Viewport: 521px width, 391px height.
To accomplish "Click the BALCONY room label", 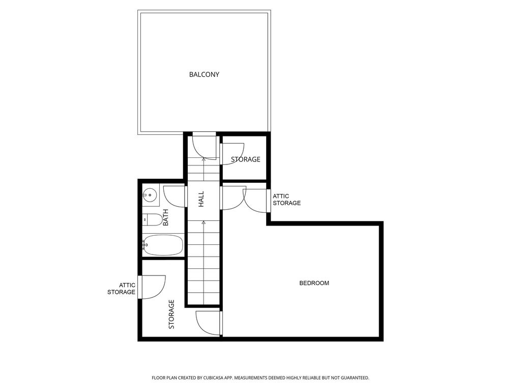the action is point(204,74).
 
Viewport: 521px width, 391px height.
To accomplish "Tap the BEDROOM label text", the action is point(314,283).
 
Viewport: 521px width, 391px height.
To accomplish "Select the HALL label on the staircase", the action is point(201,199).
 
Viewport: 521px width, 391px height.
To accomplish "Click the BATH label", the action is point(165,217).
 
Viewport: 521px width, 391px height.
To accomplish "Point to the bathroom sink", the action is point(150,195).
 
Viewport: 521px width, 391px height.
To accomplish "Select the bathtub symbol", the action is point(163,245).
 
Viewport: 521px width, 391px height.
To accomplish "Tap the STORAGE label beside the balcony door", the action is point(246,159).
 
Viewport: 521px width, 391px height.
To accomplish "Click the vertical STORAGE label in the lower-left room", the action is point(171,314).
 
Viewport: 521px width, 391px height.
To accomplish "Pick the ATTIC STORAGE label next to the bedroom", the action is point(287,200).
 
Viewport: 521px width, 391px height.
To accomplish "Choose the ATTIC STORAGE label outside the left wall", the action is point(121,289).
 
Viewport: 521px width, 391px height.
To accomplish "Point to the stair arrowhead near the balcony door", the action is point(204,159).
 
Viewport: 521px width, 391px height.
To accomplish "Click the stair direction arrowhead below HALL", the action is point(204,222).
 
